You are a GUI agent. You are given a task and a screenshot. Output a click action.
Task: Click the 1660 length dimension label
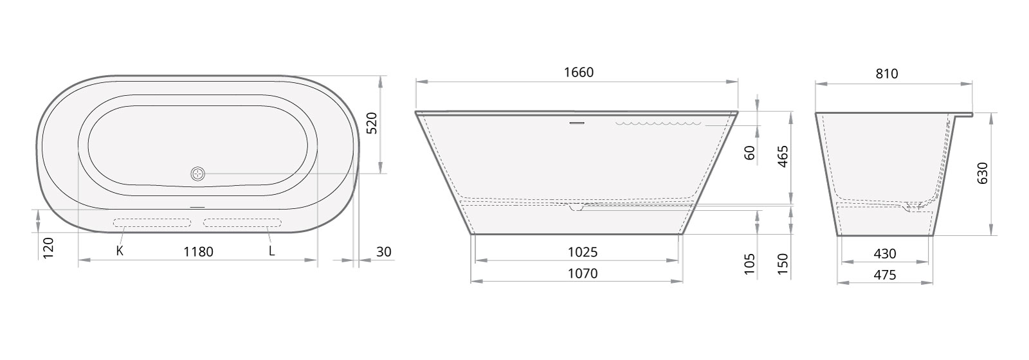[579, 72]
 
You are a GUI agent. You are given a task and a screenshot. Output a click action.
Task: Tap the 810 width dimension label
[887, 73]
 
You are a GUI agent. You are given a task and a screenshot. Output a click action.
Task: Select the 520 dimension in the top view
[372, 123]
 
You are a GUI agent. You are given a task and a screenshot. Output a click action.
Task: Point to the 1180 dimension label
[199, 251]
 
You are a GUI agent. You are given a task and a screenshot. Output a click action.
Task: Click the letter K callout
[120, 251]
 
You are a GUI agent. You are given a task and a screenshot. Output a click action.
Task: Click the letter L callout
[271, 251]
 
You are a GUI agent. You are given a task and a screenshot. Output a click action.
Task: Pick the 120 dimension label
[48, 248]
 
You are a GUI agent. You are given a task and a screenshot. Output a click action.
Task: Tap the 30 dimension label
[384, 251]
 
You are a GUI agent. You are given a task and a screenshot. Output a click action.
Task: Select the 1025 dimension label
[583, 251]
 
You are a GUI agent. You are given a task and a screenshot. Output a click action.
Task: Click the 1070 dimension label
[583, 274]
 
